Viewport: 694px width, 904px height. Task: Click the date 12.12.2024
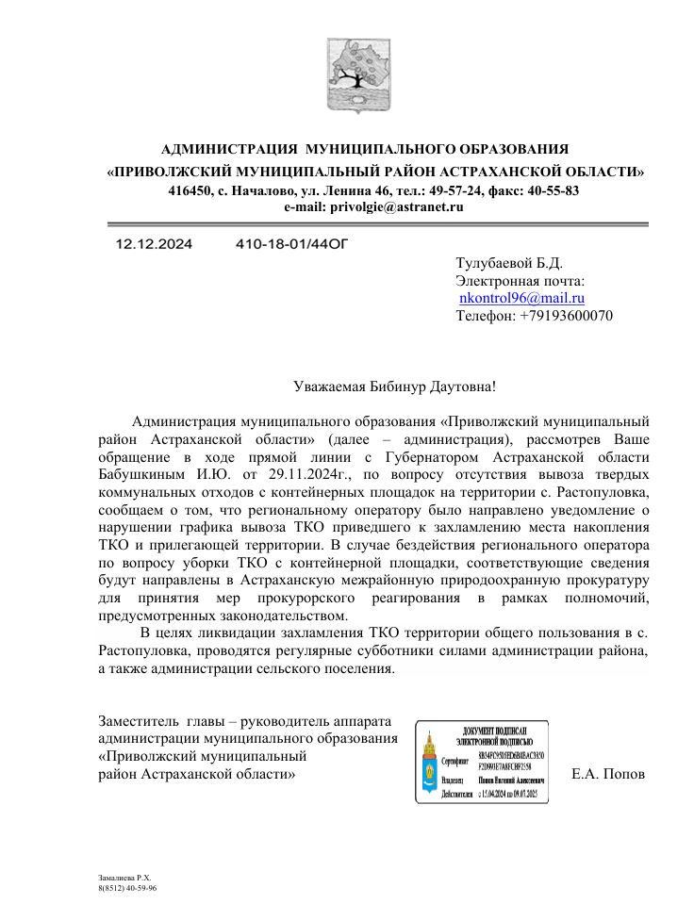coord(154,244)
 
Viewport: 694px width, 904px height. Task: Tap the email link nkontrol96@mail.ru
coord(521,298)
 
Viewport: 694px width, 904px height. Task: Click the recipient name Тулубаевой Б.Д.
coord(509,263)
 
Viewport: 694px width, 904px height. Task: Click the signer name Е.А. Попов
coord(608,774)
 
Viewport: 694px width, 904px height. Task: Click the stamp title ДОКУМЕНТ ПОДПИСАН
coord(494,732)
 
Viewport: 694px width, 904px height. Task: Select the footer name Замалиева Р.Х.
coord(124,877)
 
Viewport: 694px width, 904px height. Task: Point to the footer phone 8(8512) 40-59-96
coord(127,888)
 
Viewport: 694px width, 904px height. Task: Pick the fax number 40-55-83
coord(551,190)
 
